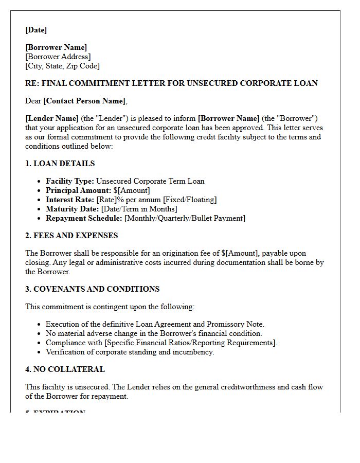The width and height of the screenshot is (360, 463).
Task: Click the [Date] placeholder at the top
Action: pyautogui.click(x=36, y=30)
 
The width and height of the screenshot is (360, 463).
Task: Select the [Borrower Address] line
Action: pyautogui.click(x=58, y=57)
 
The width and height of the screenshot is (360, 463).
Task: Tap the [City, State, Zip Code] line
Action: pyautogui.click(x=62, y=66)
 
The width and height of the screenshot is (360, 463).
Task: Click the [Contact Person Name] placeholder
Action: pyautogui.click(x=84, y=101)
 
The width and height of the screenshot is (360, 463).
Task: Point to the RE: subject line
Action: pyautogui.click(x=171, y=83)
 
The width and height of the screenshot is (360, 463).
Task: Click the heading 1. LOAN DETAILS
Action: pyautogui.click(x=60, y=164)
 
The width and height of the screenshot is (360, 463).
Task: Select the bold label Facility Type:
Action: pyautogui.click(x=70, y=181)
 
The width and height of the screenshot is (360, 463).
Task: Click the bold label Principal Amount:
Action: pyautogui.click(x=78, y=190)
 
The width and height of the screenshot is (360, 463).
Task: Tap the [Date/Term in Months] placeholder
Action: pyautogui.click(x=139, y=209)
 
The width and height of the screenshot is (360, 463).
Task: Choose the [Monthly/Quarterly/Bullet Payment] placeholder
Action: pyautogui.click(x=185, y=218)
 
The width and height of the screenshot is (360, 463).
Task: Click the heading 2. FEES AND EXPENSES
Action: pyautogui.click(x=71, y=236)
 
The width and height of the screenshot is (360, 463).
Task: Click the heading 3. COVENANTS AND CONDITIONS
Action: pyautogui.click(x=93, y=289)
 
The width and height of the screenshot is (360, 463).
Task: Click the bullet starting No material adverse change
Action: pyautogui.click(x=154, y=333)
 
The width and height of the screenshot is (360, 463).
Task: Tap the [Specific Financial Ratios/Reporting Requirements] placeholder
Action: pyautogui.click(x=191, y=343)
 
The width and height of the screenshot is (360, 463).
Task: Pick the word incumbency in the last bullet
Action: pyautogui.click(x=193, y=352)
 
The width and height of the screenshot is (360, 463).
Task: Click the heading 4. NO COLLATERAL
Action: pyautogui.click(x=65, y=369)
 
